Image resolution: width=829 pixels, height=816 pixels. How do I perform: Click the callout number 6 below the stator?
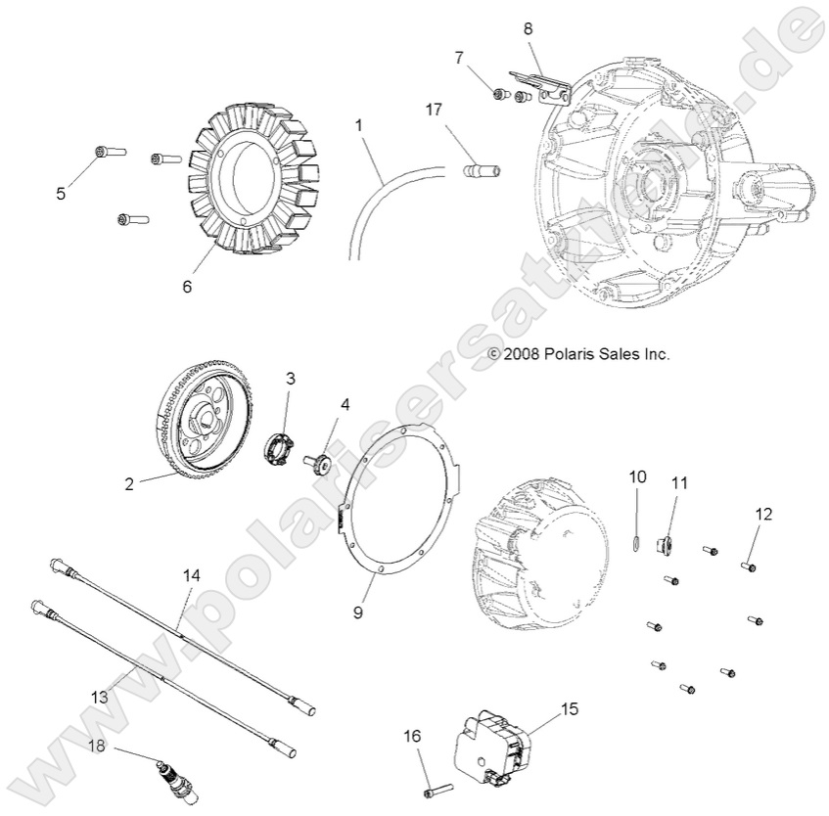click(186, 287)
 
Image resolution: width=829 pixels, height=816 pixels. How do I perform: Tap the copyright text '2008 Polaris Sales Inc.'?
click(578, 354)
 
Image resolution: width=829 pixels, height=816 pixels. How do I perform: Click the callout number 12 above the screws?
click(763, 514)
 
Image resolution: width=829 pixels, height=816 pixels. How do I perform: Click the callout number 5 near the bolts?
click(61, 194)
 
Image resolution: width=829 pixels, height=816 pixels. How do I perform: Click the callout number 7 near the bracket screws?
click(459, 57)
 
